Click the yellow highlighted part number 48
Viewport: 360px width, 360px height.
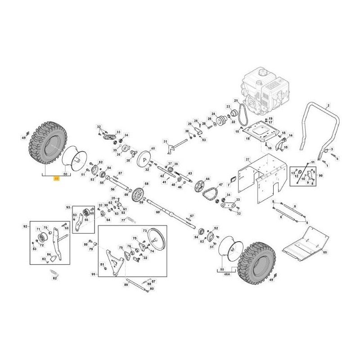click(56, 178)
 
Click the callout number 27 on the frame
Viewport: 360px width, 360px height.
click(247, 160)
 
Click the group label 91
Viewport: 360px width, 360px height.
click(94, 274)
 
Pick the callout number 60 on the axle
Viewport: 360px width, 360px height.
click(157, 211)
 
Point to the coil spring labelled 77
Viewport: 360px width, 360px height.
click(131, 219)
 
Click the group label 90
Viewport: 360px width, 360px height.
click(320, 175)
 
